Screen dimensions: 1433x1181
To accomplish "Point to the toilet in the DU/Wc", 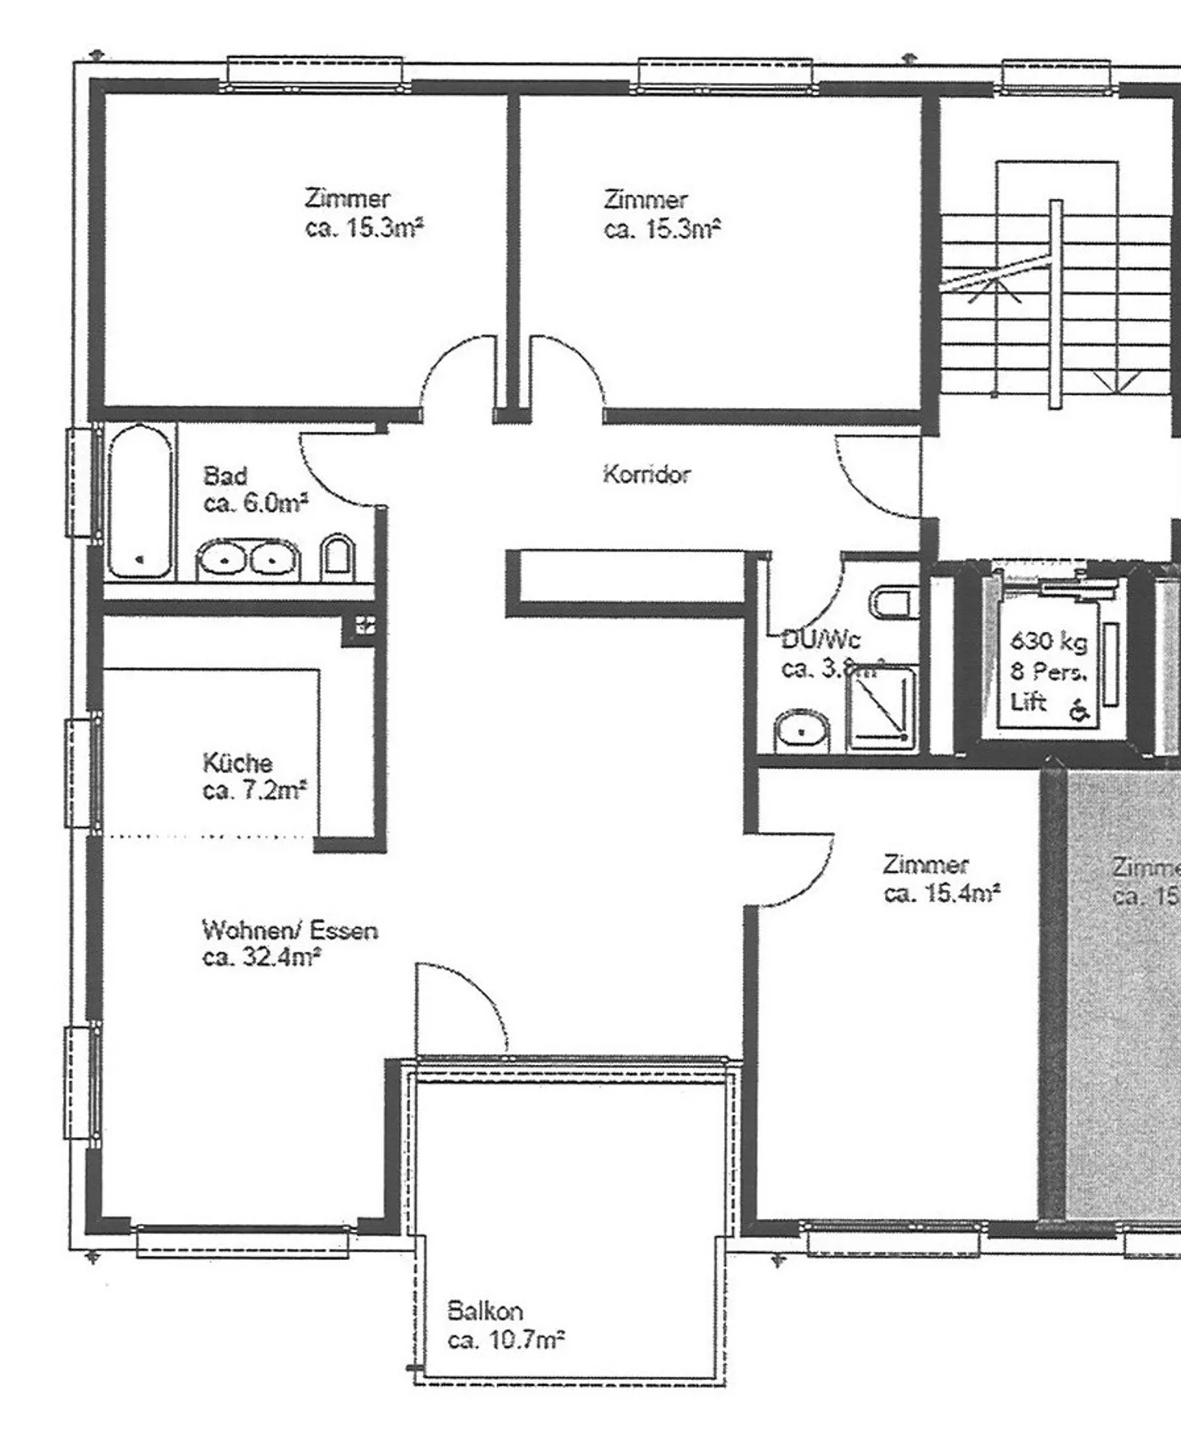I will coord(892,604).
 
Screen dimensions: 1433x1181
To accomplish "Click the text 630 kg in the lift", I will coord(1048,641).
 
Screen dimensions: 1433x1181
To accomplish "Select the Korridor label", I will coord(646,474).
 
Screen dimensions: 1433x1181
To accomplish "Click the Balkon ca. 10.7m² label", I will coord(505,1326).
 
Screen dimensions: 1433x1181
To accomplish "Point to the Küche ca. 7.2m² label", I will coord(254,776).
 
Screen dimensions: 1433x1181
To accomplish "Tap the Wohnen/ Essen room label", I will coord(289,943).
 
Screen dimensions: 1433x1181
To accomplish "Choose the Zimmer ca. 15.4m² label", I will coord(941,879).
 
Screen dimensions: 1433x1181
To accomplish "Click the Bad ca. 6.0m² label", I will coord(254,489).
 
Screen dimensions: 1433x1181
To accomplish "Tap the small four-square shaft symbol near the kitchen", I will coord(365,626).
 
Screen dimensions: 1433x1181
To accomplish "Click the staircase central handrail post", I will coord(1056,303).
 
